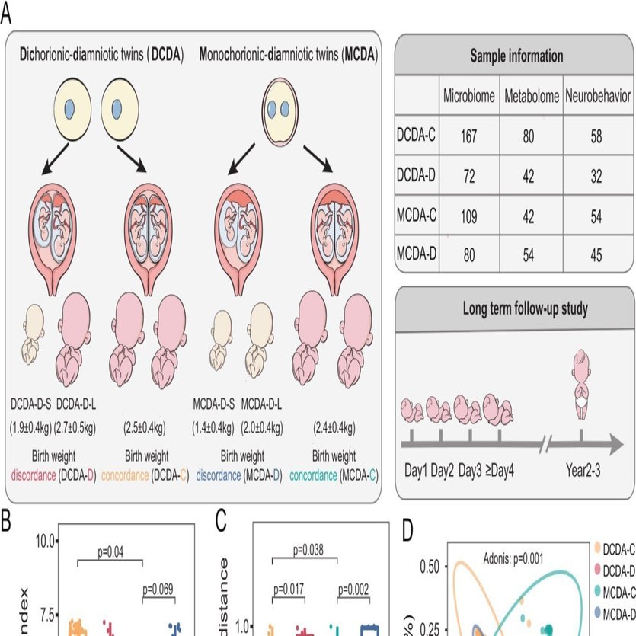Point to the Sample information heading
tap(516, 56)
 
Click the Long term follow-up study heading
tap(516, 308)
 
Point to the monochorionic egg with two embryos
tap(279, 108)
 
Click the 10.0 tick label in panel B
tap(45, 542)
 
